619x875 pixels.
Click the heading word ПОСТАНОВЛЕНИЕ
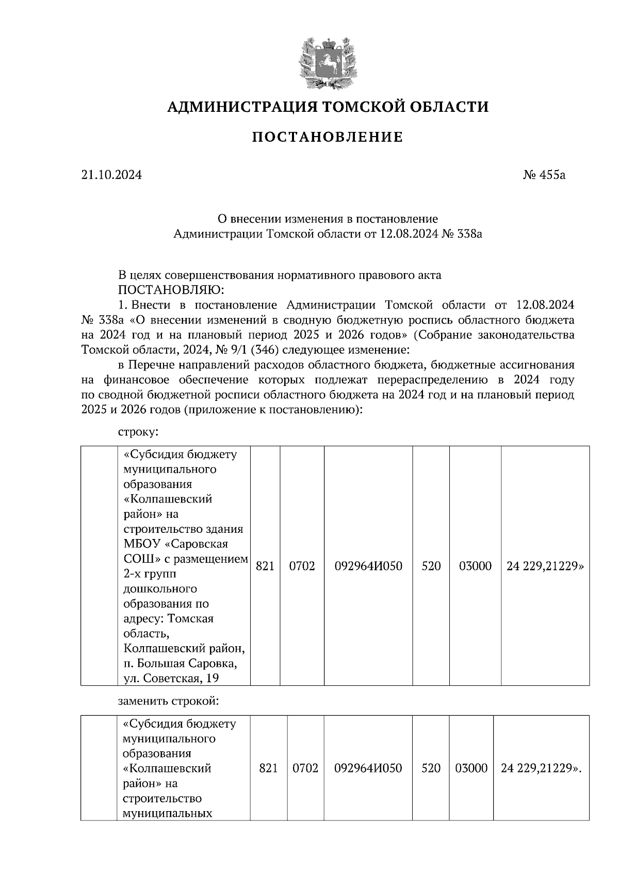[328, 138]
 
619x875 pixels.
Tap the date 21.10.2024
[111, 175]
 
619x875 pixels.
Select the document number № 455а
[544, 175]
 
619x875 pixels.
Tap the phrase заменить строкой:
[169, 701]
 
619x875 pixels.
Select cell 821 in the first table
[265, 566]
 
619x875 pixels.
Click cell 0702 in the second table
[305, 768]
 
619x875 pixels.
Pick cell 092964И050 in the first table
[368, 566]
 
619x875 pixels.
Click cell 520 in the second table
[431, 768]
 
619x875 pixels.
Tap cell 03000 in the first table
[475, 566]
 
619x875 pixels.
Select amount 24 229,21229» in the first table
[545, 566]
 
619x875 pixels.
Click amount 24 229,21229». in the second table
[541, 768]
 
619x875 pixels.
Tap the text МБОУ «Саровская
[175, 544]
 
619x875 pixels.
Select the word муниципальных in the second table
[168, 813]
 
